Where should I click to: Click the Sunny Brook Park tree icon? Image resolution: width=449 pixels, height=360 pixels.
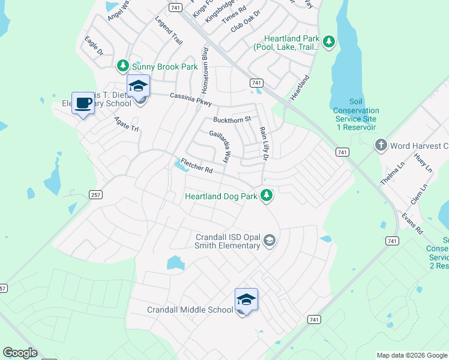123,65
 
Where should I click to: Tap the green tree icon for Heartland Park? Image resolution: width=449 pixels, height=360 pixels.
328,41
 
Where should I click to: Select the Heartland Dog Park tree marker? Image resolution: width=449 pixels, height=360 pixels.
268,196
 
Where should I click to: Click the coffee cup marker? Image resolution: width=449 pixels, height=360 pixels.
82,104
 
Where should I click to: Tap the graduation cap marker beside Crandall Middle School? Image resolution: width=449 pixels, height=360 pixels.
246,299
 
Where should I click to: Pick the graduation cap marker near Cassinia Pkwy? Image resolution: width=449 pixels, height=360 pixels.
138,86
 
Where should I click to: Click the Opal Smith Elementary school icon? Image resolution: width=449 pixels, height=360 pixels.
269,241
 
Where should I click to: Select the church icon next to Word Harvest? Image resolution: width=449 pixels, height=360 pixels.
381,145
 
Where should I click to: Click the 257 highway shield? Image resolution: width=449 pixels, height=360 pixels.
95,194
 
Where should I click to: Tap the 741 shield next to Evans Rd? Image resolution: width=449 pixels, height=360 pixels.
392,241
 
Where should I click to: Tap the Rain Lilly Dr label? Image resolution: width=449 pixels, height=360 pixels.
263,143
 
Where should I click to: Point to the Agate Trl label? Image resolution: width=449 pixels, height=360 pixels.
127,125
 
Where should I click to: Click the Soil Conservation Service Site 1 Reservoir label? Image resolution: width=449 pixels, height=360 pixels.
357,115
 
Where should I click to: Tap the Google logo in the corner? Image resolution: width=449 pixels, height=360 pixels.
20,353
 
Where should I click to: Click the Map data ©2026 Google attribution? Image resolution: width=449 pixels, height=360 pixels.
411,355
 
